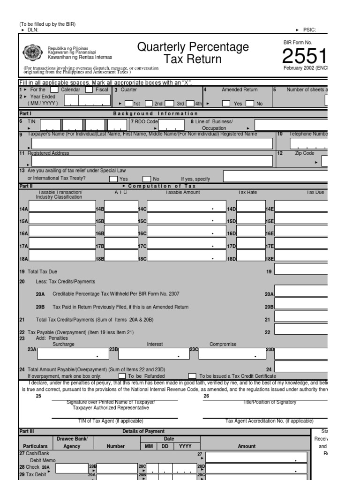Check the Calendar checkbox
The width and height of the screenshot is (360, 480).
(x=54, y=90)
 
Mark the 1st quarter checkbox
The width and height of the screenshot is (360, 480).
(x=129, y=104)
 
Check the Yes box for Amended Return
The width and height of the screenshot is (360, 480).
(x=226, y=104)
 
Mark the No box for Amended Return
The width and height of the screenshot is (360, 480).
(x=250, y=104)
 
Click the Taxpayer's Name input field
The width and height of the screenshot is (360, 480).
(x=151, y=143)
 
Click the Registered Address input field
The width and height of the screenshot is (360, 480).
(x=151, y=161)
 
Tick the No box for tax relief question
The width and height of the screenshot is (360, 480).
(x=147, y=179)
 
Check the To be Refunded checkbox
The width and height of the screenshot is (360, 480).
(x=122, y=376)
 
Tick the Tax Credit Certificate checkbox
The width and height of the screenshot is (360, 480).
(x=192, y=376)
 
